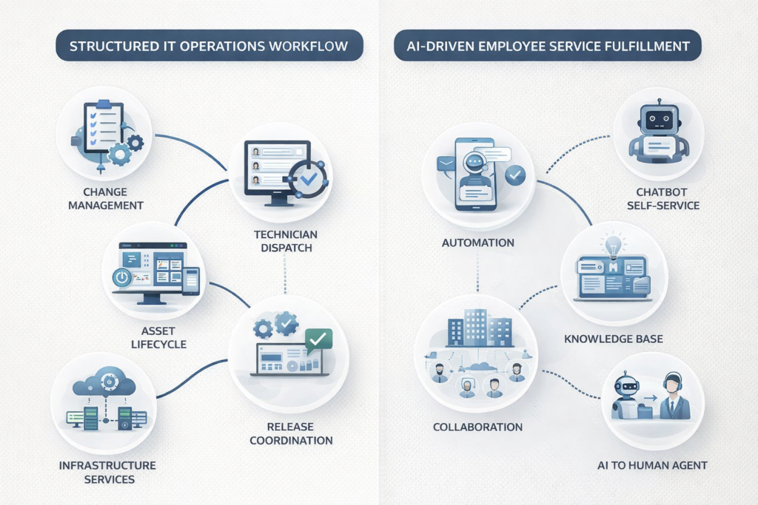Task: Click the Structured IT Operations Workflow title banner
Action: coord(208,47)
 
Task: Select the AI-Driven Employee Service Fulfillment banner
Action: coord(548,47)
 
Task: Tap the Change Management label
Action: coord(105,198)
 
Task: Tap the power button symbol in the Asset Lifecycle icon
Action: coord(122,278)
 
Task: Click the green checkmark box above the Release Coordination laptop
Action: coord(318,339)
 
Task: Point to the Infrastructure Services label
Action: coord(108,472)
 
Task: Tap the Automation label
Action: coord(477,242)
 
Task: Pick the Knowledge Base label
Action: coord(614,339)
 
